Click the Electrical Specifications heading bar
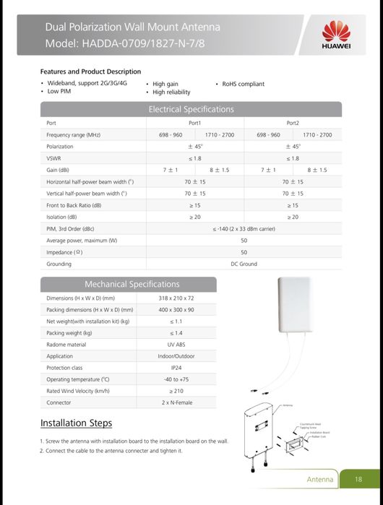(x=191, y=109)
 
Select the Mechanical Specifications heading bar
(x=132, y=284)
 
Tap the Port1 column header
(x=194, y=123)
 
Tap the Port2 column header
(x=293, y=123)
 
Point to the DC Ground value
(x=244, y=264)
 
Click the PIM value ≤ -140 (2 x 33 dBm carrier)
(x=244, y=229)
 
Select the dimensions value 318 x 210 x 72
(x=176, y=298)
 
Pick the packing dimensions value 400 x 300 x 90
(x=176, y=309)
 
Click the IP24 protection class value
(x=176, y=368)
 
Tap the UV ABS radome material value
(x=176, y=345)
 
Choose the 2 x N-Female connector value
(x=176, y=402)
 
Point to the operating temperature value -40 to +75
(x=176, y=379)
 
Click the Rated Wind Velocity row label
(x=77, y=391)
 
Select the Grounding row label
(x=59, y=264)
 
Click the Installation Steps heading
(x=76, y=423)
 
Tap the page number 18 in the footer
(x=358, y=479)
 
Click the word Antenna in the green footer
(x=320, y=479)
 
